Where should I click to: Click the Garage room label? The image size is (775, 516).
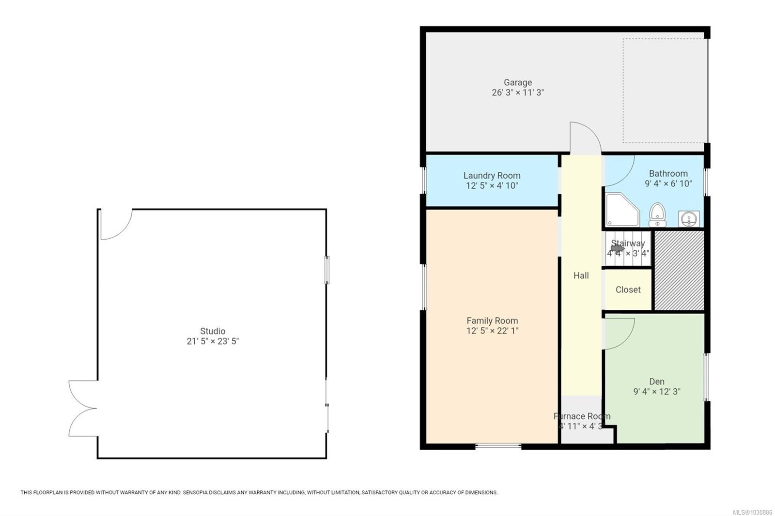517,82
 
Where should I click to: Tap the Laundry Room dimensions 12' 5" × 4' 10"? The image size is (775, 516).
492,186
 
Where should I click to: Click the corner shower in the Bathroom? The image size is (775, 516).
622,210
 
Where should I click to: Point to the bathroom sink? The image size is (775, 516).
688,219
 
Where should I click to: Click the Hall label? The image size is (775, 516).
581,275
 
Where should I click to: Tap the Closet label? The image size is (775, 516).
628,289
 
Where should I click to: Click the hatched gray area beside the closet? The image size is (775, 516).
679,270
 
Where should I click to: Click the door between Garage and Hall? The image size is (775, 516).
585,138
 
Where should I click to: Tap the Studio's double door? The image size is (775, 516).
82,409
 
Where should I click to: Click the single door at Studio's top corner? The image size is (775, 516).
115,225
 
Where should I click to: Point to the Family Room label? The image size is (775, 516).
492,320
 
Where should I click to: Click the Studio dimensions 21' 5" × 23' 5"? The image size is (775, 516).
213,341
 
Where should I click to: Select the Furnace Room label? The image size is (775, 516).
582,416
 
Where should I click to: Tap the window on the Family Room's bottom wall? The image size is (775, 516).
498,445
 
